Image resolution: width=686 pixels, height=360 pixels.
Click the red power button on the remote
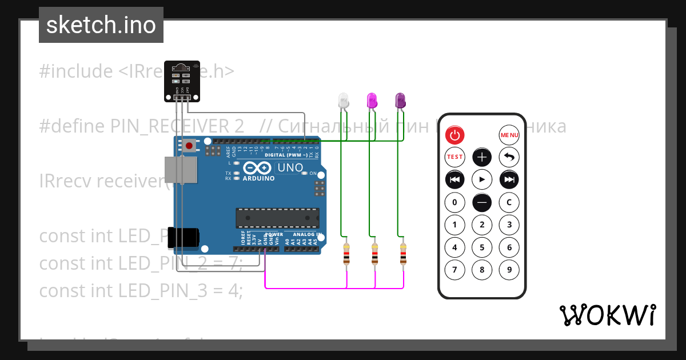[455, 135]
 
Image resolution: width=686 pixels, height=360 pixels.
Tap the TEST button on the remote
[455, 157]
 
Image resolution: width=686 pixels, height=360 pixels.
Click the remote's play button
[482, 179]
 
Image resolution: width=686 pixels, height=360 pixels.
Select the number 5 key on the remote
[482, 247]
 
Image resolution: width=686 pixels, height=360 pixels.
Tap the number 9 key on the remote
[509, 270]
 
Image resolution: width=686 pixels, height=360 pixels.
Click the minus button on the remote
[482, 202]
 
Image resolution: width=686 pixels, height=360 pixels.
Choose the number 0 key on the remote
[455, 202]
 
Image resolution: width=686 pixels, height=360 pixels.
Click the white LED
[343, 101]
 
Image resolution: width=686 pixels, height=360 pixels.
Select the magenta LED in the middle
[372, 101]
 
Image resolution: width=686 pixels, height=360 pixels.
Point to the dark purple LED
[400, 101]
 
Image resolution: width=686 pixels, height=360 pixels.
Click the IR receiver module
[182, 81]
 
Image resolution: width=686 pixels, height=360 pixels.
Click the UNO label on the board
[289, 168]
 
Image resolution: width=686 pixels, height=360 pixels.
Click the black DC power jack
[184, 238]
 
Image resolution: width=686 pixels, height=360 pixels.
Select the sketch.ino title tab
[101, 25]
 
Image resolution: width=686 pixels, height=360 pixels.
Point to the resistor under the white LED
[346, 254]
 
